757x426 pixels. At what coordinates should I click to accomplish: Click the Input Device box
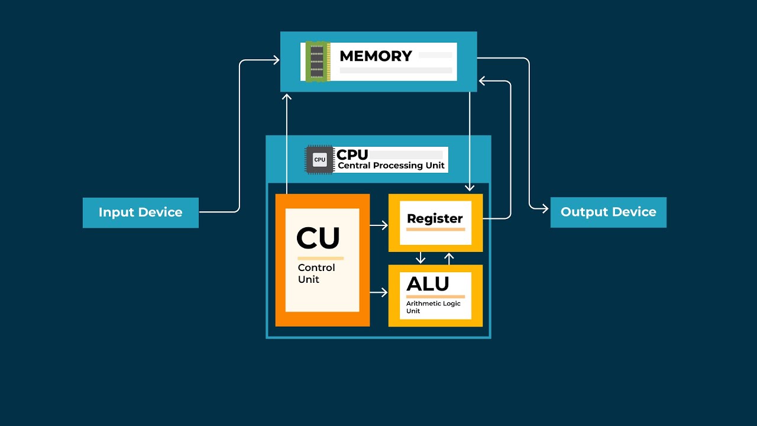click(x=140, y=212)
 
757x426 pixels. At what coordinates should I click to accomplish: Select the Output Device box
click(x=608, y=212)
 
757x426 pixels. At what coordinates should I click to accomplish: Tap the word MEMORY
click(x=376, y=56)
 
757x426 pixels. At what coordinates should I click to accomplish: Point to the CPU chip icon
click(x=319, y=160)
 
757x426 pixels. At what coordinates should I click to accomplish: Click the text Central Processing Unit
click(x=391, y=166)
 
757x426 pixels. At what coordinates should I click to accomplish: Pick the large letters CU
click(x=318, y=238)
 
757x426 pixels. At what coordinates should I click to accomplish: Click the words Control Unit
click(x=316, y=273)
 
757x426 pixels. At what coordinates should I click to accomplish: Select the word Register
click(x=435, y=218)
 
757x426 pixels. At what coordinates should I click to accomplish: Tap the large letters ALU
click(x=428, y=284)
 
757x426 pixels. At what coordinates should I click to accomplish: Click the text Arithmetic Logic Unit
click(x=433, y=307)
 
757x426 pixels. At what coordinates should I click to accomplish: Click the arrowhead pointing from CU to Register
click(x=384, y=225)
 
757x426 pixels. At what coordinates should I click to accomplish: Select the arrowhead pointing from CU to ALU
click(x=384, y=292)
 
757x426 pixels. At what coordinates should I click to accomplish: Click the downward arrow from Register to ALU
click(x=420, y=259)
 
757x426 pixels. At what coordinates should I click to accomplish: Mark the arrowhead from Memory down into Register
click(x=470, y=188)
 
